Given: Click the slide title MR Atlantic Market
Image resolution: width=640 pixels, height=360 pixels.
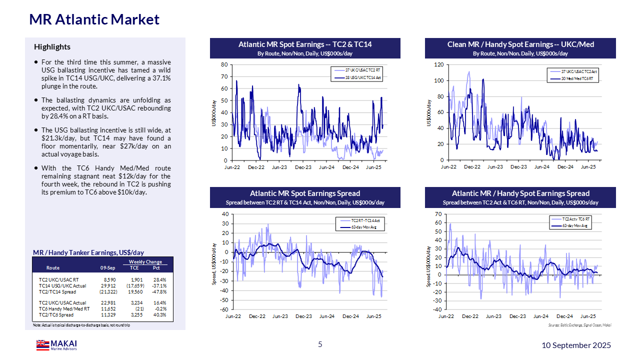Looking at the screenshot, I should point(94,19).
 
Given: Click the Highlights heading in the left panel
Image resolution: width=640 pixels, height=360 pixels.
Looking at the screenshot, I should point(52,47).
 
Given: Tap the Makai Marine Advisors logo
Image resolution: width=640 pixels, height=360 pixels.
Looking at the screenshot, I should point(56,345).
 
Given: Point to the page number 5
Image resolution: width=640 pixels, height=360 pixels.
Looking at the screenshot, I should point(320,344).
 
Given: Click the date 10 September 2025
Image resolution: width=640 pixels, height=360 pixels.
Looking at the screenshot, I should point(576,345).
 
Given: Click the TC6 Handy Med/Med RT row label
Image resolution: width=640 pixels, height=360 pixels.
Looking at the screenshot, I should point(64,309).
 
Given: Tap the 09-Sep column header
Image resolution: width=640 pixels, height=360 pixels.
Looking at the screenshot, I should point(108,267).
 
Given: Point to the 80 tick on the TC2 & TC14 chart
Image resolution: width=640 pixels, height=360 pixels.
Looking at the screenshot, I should point(224,65).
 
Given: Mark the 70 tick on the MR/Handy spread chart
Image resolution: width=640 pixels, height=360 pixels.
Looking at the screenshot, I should point(438,214).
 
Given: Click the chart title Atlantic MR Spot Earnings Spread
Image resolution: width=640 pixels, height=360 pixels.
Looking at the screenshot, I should point(305,193).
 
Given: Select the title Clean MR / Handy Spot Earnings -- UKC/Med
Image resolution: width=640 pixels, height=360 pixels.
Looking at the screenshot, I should point(520,44).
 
